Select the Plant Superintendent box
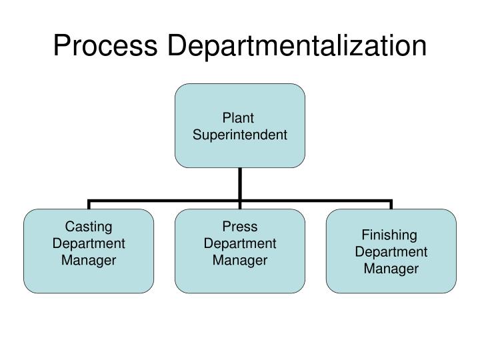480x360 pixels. pyautogui.click(x=240, y=125)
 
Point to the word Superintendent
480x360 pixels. pyautogui.click(x=240, y=135)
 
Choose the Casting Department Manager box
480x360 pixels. pyautogui.click(x=89, y=251)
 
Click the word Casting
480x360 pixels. pyautogui.click(x=89, y=227)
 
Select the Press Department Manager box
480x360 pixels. pyautogui.click(x=240, y=251)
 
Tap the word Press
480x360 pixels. pyautogui.click(x=240, y=227)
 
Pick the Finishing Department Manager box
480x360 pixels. pyautogui.click(x=391, y=251)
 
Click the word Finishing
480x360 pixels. pyautogui.click(x=389, y=235)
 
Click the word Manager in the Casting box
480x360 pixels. pyautogui.click(x=89, y=260)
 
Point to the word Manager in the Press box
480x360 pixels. pyautogui.click(x=240, y=260)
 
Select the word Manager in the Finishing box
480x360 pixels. pyautogui.click(x=391, y=269)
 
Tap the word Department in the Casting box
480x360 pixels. pyautogui.click(x=89, y=243)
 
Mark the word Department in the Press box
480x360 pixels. pyautogui.click(x=240, y=243)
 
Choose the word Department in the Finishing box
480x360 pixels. pyautogui.click(x=391, y=252)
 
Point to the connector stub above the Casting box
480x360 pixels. pyautogui.click(x=89, y=204)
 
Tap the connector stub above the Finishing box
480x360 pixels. pyautogui.click(x=391, y=204)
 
